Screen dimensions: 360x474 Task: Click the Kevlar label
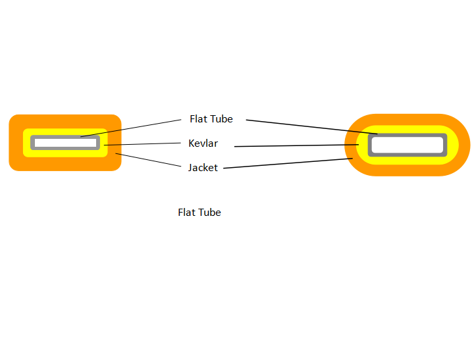click(203, 143)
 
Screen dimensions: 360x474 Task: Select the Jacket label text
click(203, 168)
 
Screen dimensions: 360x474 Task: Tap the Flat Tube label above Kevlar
click(211, 119)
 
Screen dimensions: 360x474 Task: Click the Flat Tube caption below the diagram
click(199, 213)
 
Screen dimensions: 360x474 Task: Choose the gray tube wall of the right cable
click(446, 145)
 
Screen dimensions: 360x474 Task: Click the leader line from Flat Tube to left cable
click(132, 128)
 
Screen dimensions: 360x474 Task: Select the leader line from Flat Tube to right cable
click(309, 126)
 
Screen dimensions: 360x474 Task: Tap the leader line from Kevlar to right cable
click(296, 145)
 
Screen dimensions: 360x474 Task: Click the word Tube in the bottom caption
click(211, 213)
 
